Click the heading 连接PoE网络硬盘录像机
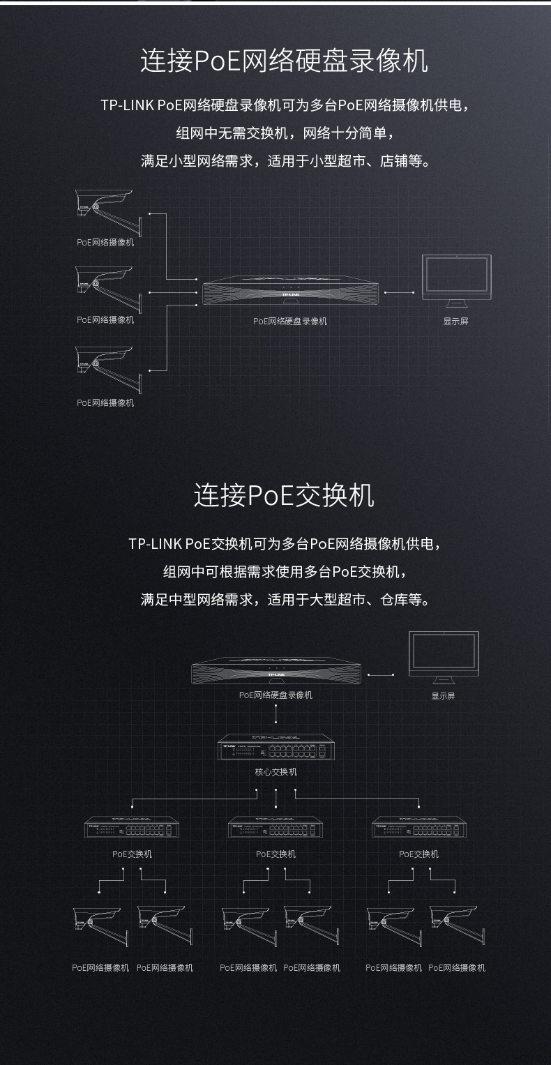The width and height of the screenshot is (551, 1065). point(284,61)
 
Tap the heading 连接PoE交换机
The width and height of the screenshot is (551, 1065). point(284,495)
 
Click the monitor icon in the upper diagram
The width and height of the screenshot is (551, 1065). point(456,281)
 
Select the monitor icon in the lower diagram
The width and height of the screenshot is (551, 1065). point(444,657)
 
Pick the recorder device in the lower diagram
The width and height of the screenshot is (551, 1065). point(276,671)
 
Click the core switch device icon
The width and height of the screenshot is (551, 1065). point(275,748)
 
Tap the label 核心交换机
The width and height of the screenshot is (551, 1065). point(275,771)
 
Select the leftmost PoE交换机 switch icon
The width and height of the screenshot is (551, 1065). point(132,827)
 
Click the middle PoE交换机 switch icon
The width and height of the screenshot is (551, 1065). point(275,827)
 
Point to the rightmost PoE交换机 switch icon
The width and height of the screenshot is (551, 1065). point(419,827)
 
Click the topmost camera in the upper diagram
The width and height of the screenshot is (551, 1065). point(108,213)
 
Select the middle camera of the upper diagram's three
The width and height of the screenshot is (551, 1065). point(108,289)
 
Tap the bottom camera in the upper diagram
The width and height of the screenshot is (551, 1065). point(108,370)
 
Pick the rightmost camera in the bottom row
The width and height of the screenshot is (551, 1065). point(457,926)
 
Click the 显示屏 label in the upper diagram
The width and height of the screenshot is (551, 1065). point(456,322)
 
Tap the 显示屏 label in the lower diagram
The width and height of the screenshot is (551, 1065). point(443,696)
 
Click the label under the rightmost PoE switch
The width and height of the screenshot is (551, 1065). point(419,854)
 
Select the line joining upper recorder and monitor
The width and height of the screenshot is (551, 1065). point(400,292)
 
